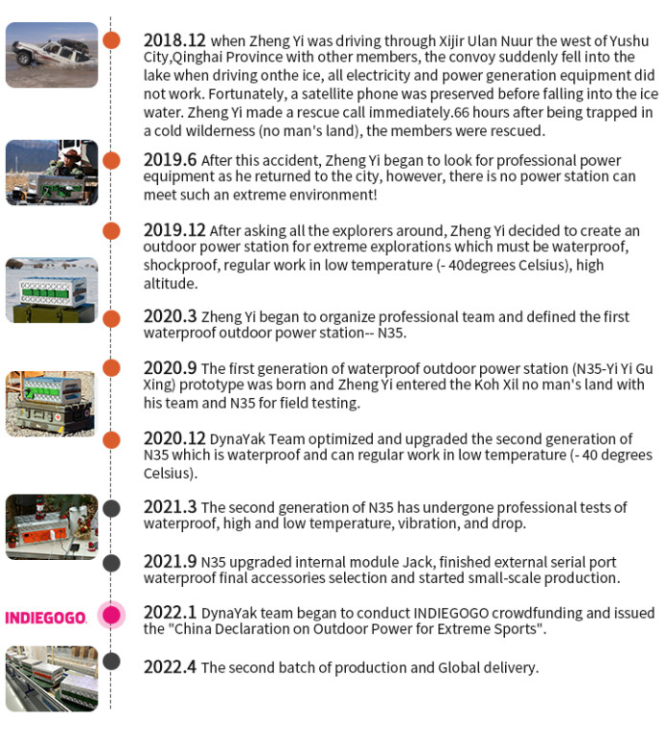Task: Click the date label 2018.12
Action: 174,41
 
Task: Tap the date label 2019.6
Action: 170,160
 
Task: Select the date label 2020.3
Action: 170,316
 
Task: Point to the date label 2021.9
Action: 170,561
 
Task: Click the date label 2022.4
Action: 170,666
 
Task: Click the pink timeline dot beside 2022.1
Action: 112,615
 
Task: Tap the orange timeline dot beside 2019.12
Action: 112,230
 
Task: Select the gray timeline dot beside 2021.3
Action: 112,508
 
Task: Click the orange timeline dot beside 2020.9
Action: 112,368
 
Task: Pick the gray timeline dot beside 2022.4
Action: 112,662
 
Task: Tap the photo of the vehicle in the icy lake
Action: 52,55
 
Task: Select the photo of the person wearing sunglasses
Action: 52,173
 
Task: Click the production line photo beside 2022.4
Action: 52,679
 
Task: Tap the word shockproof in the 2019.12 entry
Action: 175,266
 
